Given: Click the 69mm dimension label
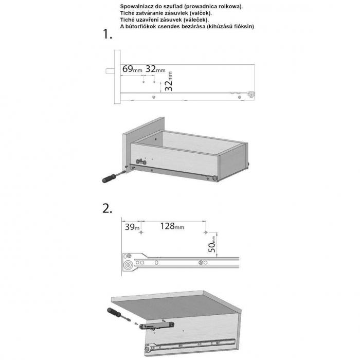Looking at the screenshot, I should point(131,69).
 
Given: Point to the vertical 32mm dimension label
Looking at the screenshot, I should point(169,81).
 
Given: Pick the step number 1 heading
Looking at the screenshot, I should point(107,34).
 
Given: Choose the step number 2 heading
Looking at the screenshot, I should point(107,209).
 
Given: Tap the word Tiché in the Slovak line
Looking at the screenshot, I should point(127,13).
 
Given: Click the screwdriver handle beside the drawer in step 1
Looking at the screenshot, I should point(109,180).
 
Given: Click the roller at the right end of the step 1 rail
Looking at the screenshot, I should point(251,95).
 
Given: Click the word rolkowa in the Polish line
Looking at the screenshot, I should point(226,6).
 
